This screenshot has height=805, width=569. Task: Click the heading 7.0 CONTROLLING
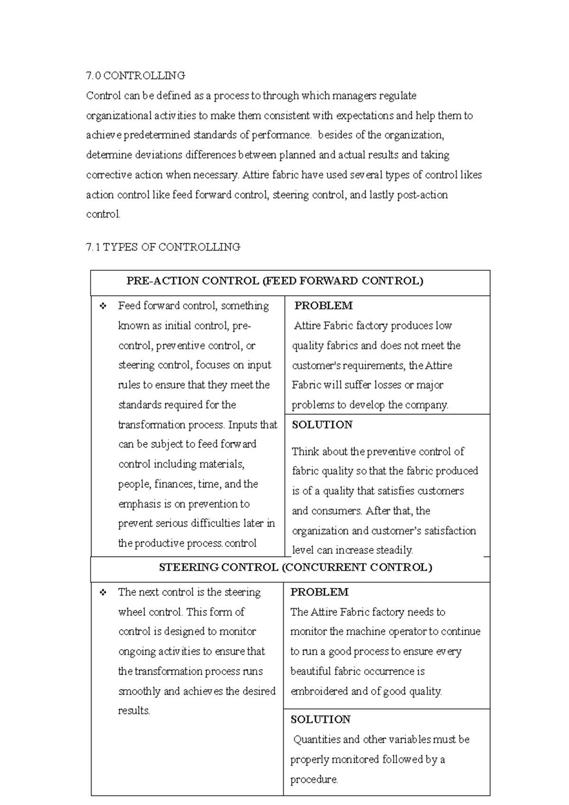click(x=136, y=75)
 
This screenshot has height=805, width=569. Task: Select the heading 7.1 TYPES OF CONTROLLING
click(x=163, y=247)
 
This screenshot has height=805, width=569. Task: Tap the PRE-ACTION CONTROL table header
click(x=275, y=281)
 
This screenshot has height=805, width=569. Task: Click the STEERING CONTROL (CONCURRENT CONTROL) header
click(x=295, y=567)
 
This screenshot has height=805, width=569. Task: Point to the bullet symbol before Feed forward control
click(x=103, y=306)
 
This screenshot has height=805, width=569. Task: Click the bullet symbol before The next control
click(x=103, y=593)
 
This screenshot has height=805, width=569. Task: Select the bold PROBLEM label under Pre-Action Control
click(x=323, y=306)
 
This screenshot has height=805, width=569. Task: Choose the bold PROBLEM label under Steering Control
click(x=319, y=592)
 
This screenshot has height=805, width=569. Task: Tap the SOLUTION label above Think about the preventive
click(x=322, y=425)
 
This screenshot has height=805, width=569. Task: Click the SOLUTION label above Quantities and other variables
click(x=320, y=720)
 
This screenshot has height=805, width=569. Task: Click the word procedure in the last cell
click(x=313, y=779)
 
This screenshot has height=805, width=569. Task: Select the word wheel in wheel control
click(x=132, y=612)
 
